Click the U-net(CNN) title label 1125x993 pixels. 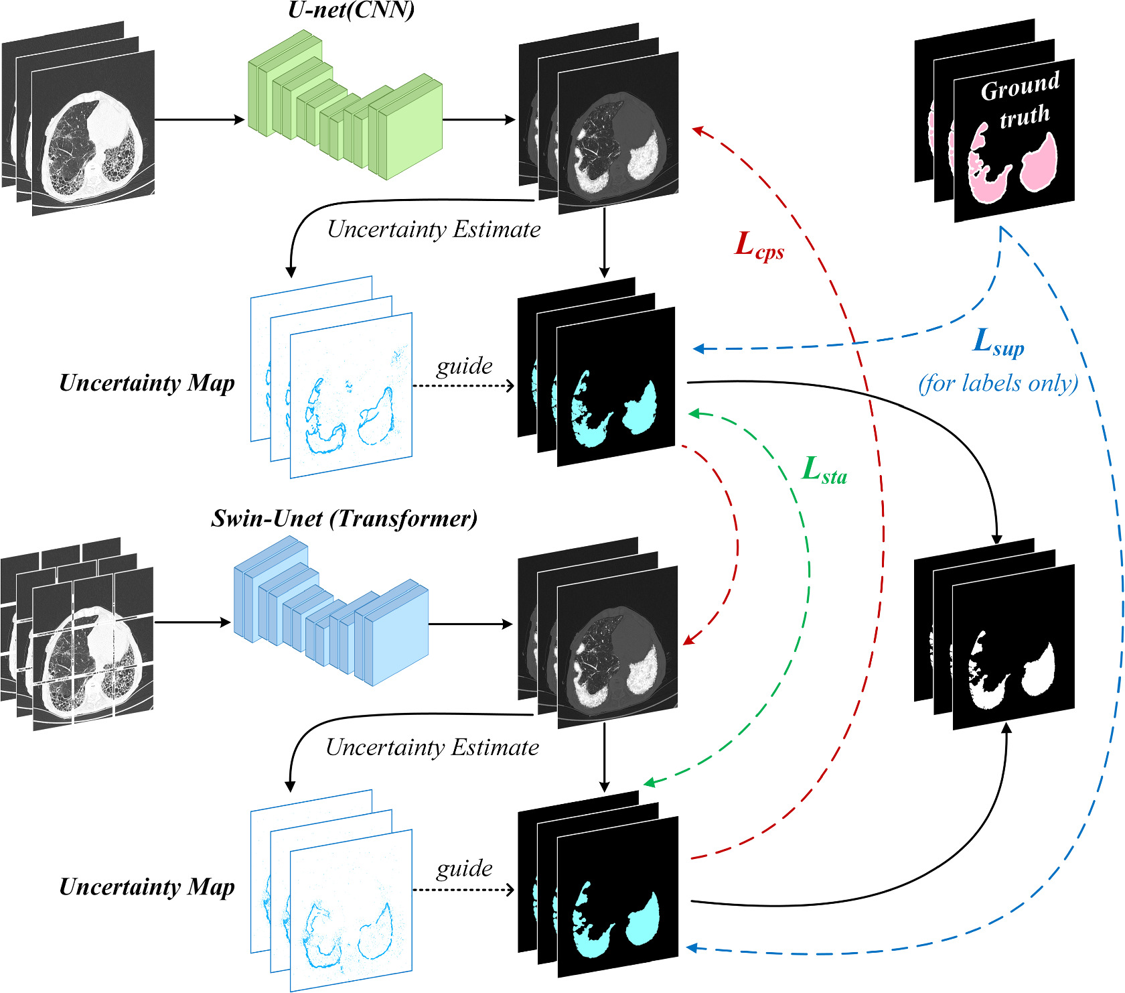click(351, 10)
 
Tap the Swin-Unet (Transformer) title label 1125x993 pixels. click(344, 519)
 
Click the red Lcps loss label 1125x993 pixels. click(759, 246)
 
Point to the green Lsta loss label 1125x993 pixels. click(824, 471)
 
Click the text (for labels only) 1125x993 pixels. click(998, 383)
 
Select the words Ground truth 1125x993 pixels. click(1021, 101)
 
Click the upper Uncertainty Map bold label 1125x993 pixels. click(147, 383)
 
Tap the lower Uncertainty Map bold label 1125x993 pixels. click(147, 887)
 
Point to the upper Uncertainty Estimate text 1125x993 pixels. click(434, 230)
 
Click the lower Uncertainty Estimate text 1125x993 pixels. click(432, 747)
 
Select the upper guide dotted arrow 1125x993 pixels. click(463, 385)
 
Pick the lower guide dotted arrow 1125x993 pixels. click(463, 890)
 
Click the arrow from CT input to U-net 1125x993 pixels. click(200, 120)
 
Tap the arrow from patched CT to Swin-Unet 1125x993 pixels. click(193, 622)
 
